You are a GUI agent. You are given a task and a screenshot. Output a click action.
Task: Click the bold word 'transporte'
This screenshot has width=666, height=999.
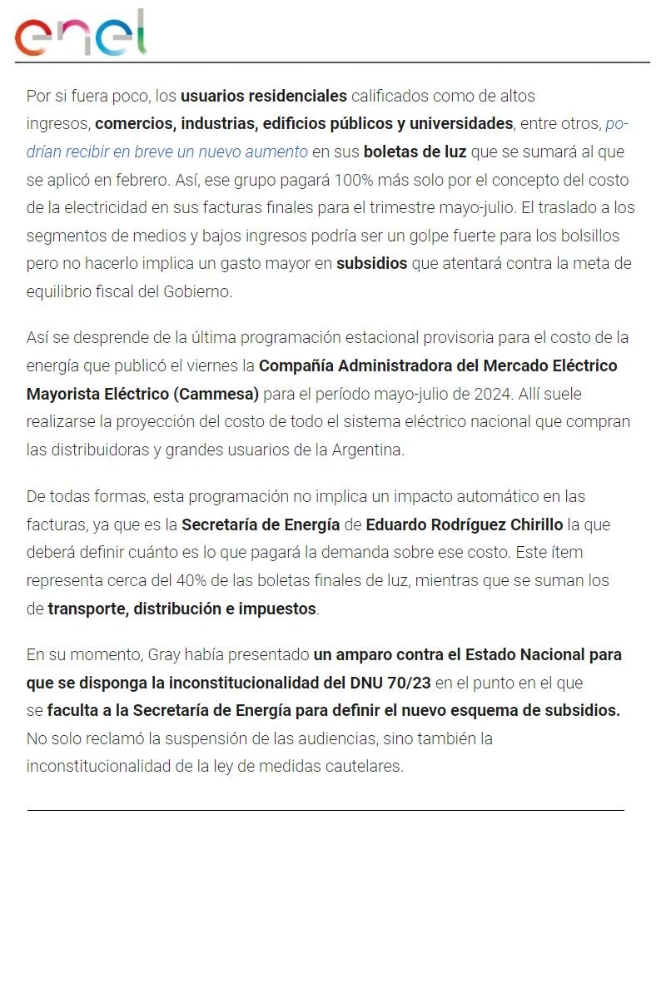point(87,609)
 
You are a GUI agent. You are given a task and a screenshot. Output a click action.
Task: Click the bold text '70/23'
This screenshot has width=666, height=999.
point(409,683)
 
